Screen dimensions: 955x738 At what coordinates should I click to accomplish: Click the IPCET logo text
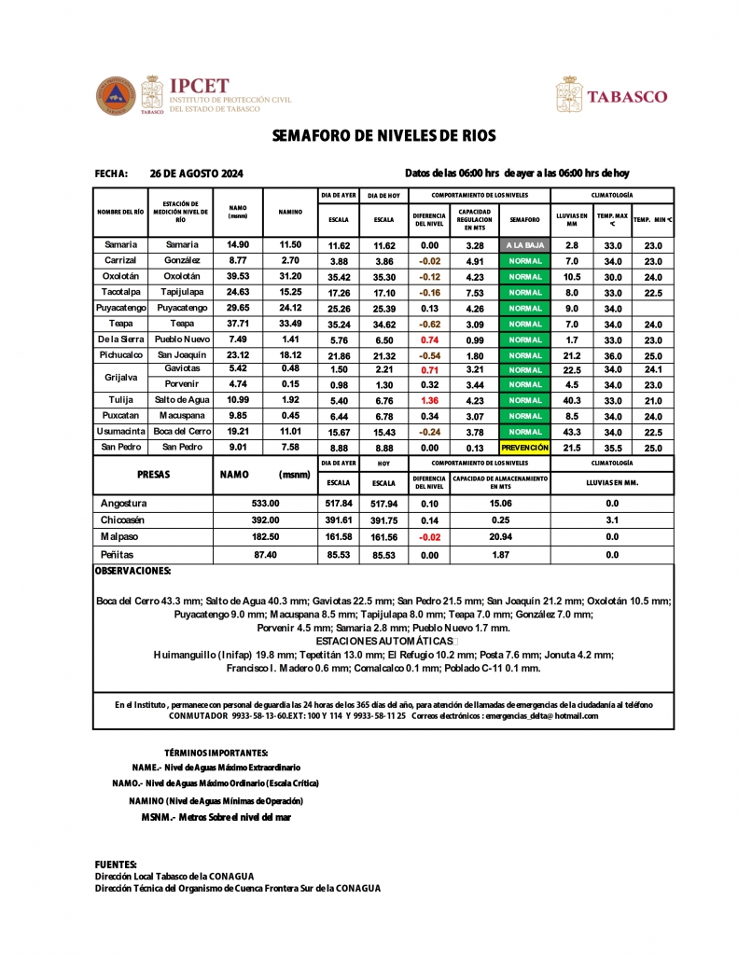pyautogui.click(x=201, y=86)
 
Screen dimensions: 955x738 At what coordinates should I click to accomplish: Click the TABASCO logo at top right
pyautogui.click(x=612, y=95)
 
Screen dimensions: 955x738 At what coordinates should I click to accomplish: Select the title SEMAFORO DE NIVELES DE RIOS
pyautogui.click(x=378, y=136)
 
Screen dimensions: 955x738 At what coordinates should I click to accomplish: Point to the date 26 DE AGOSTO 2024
pyautogui.click(x=196, y=173)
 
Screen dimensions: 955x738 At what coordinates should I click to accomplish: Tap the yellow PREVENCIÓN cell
pyautogui.click(x=524, y=448)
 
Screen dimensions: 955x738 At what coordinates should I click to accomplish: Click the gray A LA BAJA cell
pyautogui.click(x=524, y=245)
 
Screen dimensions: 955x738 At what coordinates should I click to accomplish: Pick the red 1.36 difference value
pyautogui.click(x=429, y=401)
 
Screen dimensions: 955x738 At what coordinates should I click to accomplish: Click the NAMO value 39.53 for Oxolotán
pyautogui.click(x=238, y=277)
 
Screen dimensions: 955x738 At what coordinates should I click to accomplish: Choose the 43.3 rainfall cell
pyautogui.click(x=572, y=432)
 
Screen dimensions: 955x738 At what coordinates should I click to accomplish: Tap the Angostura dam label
pyautogui.click(x=124, y=504)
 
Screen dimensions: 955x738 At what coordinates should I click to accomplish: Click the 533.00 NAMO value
pyautogui.click(x=265, y=504)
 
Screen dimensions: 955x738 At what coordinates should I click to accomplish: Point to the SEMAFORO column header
pyautogui.click(x=524, y=220)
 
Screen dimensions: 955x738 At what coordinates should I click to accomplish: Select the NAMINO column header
pyautogui.click(x=290, y=212)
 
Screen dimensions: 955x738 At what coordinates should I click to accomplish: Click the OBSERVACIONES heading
pyautogui.click(x=133, y=570)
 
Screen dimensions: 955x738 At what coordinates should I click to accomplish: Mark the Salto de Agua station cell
pyautogui.click(x=181, y=401)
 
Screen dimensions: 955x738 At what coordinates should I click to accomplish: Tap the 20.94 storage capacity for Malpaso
pyautogui.click(x=500, y=537)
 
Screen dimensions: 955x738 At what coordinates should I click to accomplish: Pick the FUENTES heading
pyautogui.click(x=116, y=865)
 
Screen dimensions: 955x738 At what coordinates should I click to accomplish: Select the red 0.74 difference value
pyautogui.click(x=429, y=340)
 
